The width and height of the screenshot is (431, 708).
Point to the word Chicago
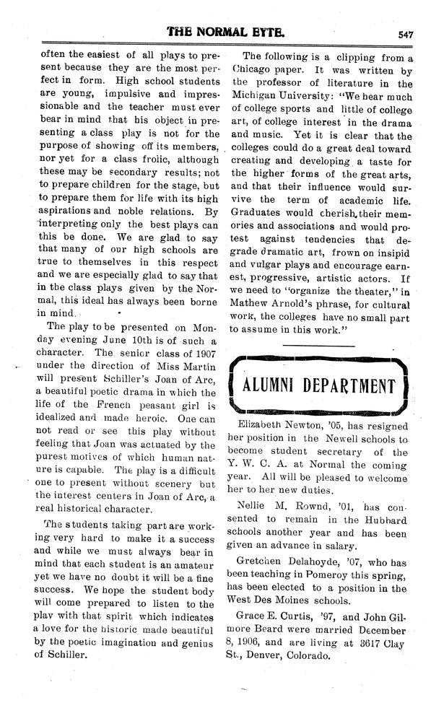[253, 71]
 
